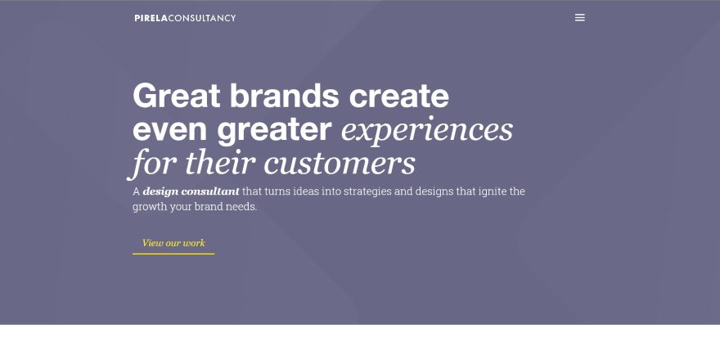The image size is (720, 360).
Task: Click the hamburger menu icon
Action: [580, 17]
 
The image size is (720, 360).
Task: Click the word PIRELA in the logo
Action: [151, 18]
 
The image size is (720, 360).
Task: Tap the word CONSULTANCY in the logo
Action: [202, 18]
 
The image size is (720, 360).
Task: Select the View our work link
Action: [173, 243]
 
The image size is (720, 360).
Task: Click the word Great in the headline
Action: [177, 96]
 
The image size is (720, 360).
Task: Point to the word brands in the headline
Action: [284, 96]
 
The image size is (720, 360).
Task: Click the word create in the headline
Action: [399, 96]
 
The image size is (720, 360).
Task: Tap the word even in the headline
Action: [170, 129]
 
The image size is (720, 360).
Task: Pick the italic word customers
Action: [340, 164]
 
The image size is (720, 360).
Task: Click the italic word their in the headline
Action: [220, 163]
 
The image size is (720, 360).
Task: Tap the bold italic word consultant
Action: [210, 191]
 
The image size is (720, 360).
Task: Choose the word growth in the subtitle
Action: [150, 207]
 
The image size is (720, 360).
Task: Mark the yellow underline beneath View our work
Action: [173, 254]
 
